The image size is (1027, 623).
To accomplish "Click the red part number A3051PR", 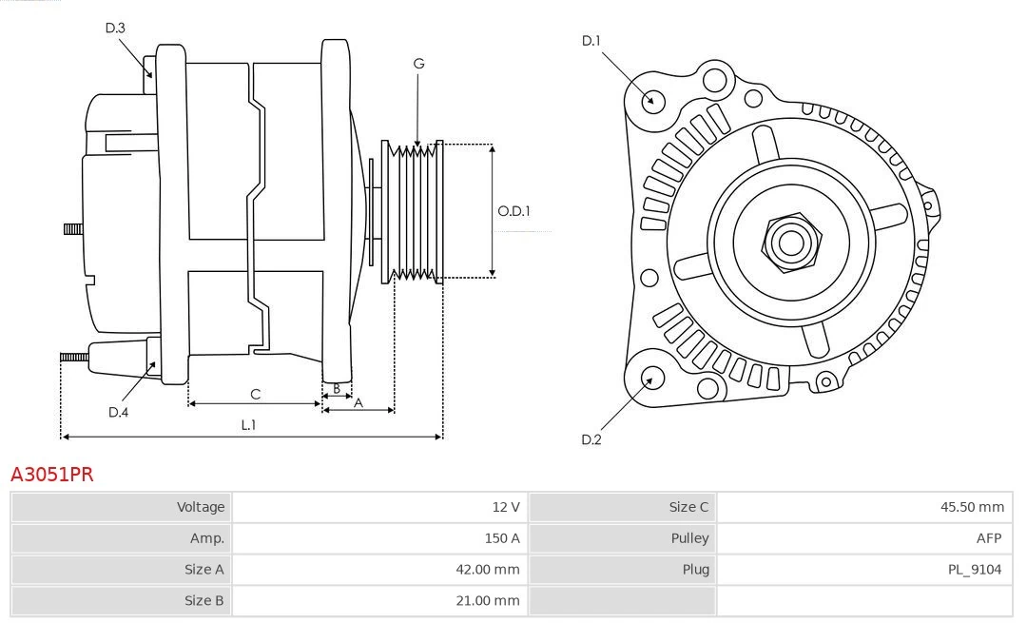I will (x=52, y=475).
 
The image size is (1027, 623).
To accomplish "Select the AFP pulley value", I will (x=988, y=538).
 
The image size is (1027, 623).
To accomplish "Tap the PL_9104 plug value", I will (x=974, y=570).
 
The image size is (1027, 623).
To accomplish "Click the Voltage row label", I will (x=201, y=507).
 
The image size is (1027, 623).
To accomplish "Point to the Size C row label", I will (x=688, y=507).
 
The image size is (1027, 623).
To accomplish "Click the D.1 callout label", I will (x=591, y=40).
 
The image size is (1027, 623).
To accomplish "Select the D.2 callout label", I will (x=591, y=439).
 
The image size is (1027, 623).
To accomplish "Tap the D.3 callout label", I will (x=115, y=28).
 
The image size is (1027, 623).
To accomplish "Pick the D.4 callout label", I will (x=118, y=412).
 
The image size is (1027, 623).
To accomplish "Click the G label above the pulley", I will (x=418, y=64).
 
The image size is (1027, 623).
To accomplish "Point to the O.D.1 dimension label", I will (x=513, y=211).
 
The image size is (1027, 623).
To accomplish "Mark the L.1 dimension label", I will (x=248, y=425).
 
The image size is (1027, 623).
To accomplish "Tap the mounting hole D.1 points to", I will (x=652, y=100).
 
